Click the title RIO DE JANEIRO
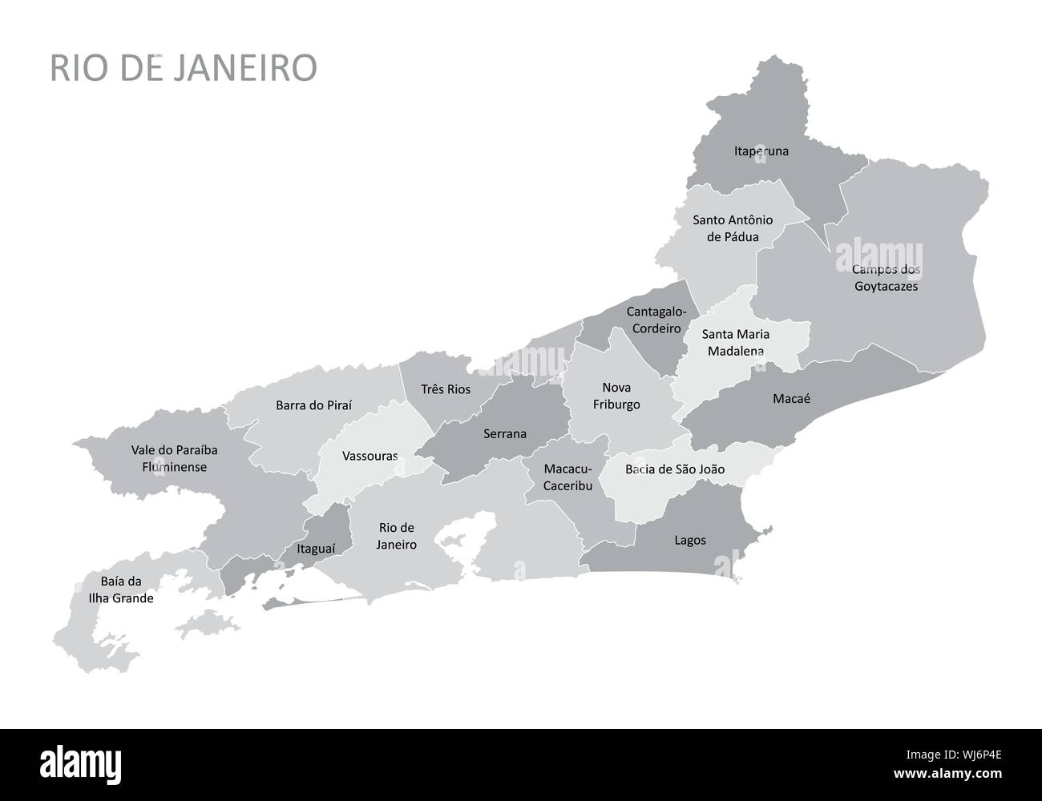pyautogui.click(x=184, y=68)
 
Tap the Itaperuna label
pyautogui.click(x=761, y=151)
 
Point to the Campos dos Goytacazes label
pyautogui.click(x=886, y=278)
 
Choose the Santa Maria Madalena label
pyautogui.click(x=734, y=342)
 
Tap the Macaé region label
pyautogui.click(x=791, y=398)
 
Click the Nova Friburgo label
pyautogui.click(x=616, y=396)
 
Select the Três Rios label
pyautogui.click(x=446, y=389)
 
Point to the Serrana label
pyautogui.click(x=505, y=434)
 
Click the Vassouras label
pyautogui.click(x=370, y=456)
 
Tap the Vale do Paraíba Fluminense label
pyautogui.click(x=174, y=458)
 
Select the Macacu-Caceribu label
pyautogui.click(x=567, y=477)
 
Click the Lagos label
pyautogui.click(x=689, y=540)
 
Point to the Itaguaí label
pyautogui.click(x=315, y=549)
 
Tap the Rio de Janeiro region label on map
pyautogui.click(x=397, y=536)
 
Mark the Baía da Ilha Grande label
pyautogui.click(x=121, y=590)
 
